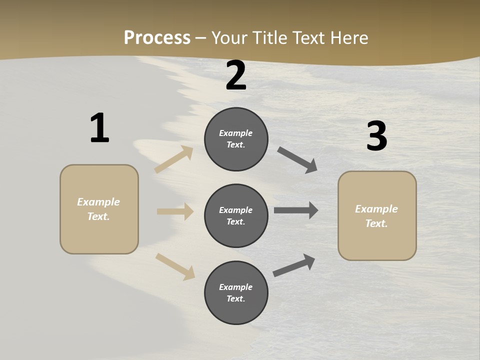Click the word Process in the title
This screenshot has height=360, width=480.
click(x=157, y=37)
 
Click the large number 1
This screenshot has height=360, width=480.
click(x=99, y=128)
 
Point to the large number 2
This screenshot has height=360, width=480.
click(x=236, y=76)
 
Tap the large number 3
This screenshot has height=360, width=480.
click(x=376, y=136)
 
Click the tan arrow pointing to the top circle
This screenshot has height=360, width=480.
click(x=174, y=159)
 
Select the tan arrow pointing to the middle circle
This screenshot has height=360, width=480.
click(x=175, y=211)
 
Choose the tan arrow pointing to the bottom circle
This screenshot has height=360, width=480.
click(x=175, y=266)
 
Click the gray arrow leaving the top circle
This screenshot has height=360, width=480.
click(x=297, y=160)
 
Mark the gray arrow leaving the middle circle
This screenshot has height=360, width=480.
click(x=296, y=210)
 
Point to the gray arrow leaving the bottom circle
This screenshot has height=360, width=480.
click(x=294, y=265)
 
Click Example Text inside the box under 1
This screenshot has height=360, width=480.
click(x=98, y=209)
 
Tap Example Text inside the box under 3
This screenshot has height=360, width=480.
click(x=376, y=216)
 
